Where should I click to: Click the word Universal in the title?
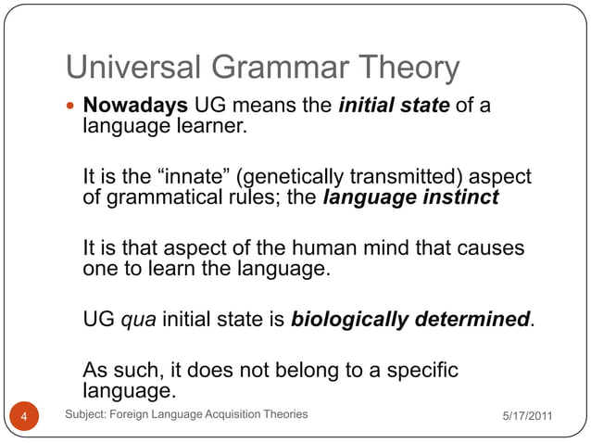[x=135, y=68]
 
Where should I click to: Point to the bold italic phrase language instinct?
[x=410, y=196]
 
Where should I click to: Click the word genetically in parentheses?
[x=286, y=177]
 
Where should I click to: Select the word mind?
[x=388, y=249]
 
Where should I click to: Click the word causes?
[x=491, y=249]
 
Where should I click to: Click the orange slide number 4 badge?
[x=25, y=417]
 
